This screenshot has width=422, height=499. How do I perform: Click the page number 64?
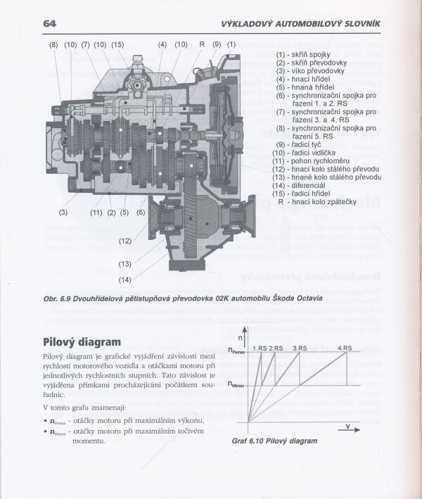coord(50,23)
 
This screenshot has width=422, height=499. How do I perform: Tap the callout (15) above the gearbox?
coord(117,45)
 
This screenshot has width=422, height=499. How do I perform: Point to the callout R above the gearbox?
coord(202,45)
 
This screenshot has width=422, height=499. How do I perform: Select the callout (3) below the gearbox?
coord(63,212)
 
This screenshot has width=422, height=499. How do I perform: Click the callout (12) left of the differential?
coord(125,241)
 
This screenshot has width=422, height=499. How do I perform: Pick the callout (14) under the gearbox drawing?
coord(125,279)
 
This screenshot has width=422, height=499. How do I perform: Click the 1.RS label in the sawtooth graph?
coord(260,348)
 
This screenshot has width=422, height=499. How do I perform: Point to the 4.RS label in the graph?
coord(345,348)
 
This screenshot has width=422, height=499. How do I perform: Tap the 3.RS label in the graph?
coord(300,348)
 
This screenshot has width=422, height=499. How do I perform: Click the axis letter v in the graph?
coord(347,425)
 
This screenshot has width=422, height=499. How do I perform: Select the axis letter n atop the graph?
coord(241,338)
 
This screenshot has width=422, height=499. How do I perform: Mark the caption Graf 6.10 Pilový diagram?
coord(274,441)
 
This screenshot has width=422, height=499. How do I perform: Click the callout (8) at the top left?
coord(53,45)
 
